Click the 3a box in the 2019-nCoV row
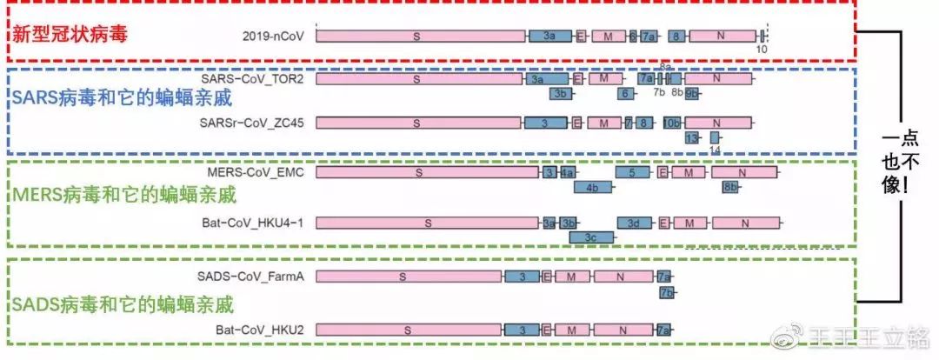[x=549, y=36]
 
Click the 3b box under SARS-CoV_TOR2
[x=561, y=93]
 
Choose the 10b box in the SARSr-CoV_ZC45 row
[x=673, y=123]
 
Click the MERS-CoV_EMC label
[x=256, y=173]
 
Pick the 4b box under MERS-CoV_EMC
[x=591, y=187]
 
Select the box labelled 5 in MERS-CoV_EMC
[x=632, y=173]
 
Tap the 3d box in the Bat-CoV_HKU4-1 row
[x=634, y=223]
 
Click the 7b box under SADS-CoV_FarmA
[x=667, y=292]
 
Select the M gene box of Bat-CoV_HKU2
[x=571, y=330]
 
